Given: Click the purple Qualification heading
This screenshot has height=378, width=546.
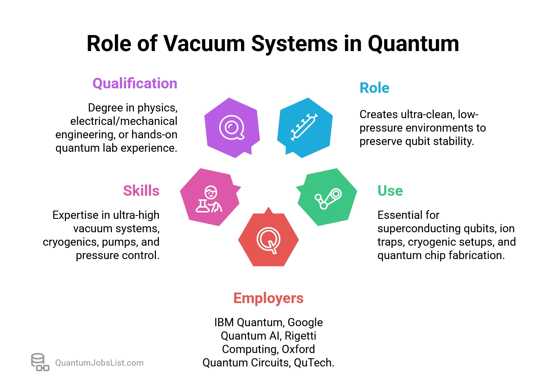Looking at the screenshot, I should tap(135, 84).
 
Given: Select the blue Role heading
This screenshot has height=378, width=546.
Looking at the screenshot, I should tap(374, 88).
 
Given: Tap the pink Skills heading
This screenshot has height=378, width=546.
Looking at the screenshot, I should tap(141, 190).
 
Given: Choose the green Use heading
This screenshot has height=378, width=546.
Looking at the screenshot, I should tap(390, 190).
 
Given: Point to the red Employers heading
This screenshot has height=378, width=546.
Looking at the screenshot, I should tap(268, 298).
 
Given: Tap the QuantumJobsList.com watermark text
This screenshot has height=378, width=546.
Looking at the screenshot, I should tap(99, 363).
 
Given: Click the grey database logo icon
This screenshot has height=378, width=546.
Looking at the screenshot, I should tap(40, 362).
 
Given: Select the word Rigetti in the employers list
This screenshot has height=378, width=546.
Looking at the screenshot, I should tap(300, 336).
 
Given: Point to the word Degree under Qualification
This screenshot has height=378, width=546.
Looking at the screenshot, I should tap(106, 108).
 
